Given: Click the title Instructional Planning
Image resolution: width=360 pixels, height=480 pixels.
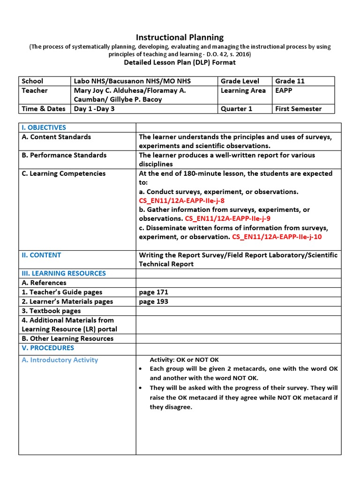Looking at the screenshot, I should click(x=180, y=37).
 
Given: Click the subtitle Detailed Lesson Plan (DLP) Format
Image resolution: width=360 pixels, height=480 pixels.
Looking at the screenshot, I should click(x=180, y=62).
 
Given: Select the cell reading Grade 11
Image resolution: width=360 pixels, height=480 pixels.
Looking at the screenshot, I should click(x=290, y=81).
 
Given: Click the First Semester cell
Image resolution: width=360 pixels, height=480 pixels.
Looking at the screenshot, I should click(x=298, y=109).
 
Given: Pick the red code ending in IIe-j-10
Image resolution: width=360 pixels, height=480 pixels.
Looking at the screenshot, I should click(x=277, y=237).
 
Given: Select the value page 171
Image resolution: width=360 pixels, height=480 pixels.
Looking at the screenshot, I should click(x=154, y=292).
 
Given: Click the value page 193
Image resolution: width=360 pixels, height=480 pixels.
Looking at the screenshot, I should click(x=154, y=301).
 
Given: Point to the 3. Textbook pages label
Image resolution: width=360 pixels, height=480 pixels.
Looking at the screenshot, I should click(x=51, y=311).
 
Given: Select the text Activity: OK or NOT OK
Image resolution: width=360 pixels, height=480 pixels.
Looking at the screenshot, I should click(x=184, y=360).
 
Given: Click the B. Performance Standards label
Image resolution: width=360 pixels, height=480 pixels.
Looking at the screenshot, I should click(x=64, y=155).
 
